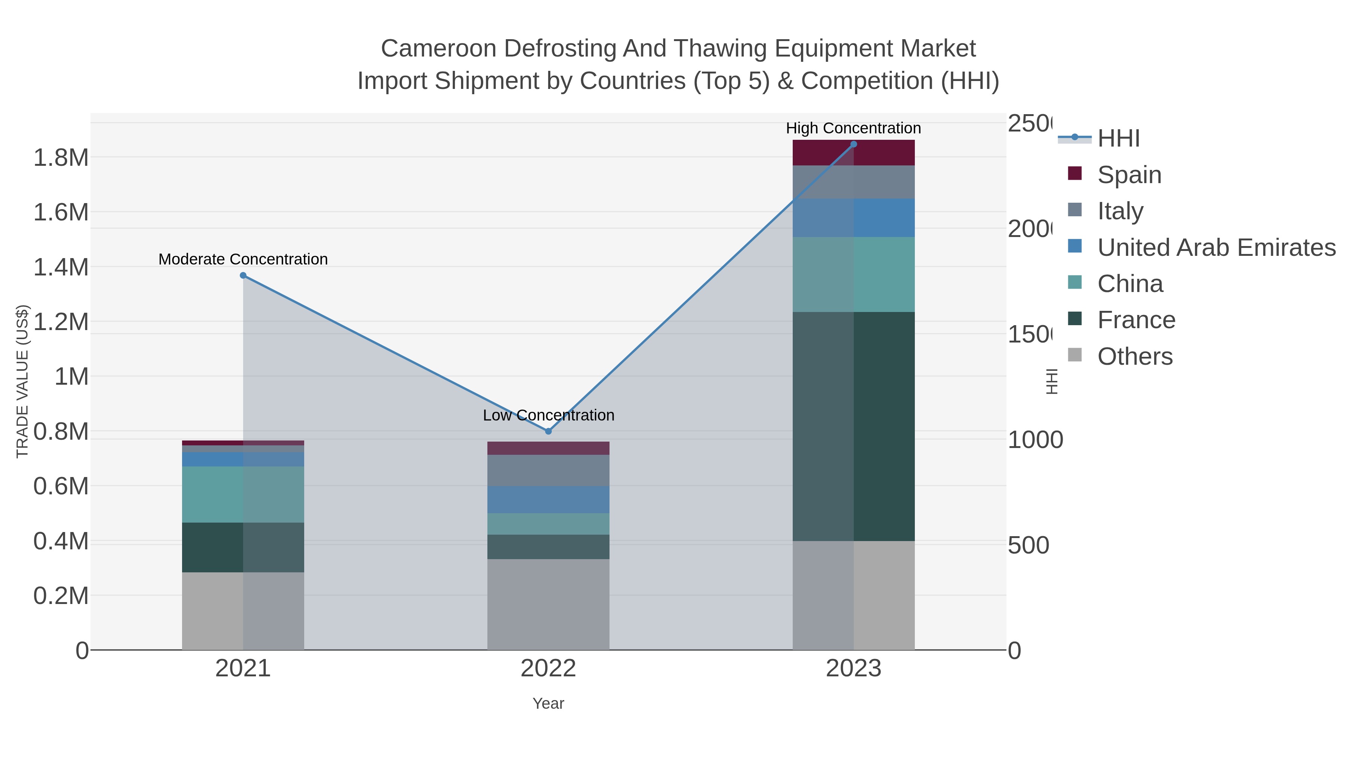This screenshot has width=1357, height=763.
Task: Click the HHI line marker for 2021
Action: (243, 275)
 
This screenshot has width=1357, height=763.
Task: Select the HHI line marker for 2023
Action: (853, 144)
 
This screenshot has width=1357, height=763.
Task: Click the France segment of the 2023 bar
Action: (853, 427)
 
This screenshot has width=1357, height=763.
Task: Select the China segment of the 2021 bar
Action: (243, 494)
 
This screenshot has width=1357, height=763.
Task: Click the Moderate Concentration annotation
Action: (243, 259)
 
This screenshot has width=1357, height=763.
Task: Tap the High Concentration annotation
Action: (853, 128)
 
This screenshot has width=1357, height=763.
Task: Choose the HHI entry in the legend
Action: (1118, 139)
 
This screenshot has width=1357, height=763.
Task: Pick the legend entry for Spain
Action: (1129, 175)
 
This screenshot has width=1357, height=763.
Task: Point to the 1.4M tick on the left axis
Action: (61, 268)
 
